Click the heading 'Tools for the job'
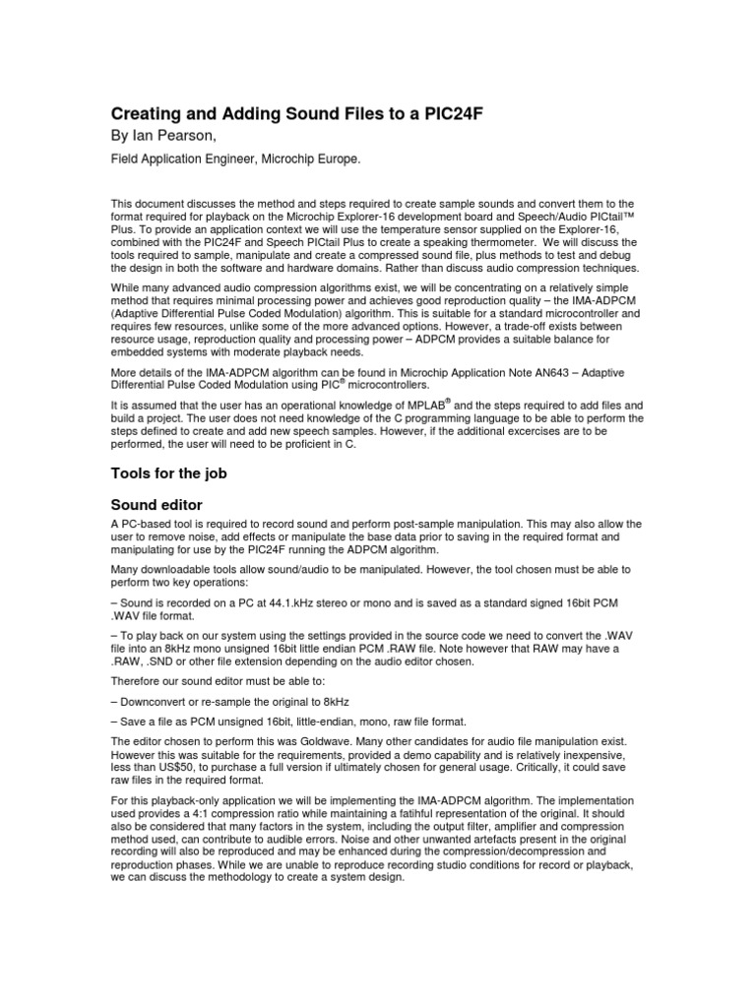[168, 472]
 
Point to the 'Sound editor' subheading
[157, 504]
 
